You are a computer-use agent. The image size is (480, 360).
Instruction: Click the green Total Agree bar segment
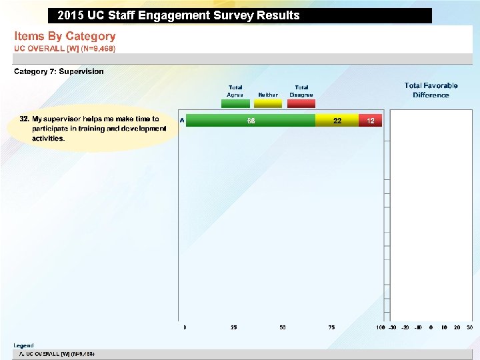(250, 121)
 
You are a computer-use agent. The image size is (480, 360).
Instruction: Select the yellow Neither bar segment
(337, 121)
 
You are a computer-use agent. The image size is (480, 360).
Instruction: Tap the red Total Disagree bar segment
(370, 121)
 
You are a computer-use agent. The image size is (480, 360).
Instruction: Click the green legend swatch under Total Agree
(235, 103)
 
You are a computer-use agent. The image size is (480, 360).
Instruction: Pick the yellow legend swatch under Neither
(268, 103)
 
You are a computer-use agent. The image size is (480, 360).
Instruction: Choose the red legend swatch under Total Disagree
(301, 103)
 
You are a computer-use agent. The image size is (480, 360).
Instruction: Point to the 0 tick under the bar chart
(185, 327)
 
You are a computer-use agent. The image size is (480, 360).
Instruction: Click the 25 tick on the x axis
(234, 327)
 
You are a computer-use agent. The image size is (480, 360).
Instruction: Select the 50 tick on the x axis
(283, 327)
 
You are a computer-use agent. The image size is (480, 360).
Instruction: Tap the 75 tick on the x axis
(331, 327)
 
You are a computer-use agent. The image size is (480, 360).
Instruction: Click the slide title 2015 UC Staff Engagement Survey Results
(179, 15)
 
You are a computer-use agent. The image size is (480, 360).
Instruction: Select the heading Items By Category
(65, 36)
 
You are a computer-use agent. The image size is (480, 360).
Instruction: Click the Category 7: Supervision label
(59, 71)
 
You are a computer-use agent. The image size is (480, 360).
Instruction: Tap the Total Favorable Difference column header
(431, 90)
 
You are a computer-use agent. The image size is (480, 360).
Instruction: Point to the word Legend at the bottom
(23, 345)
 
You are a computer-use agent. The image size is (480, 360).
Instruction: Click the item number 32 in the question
(24, 119)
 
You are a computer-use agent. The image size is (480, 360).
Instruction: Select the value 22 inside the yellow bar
(337, 121)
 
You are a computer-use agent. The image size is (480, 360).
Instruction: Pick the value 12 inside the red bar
(371, 121)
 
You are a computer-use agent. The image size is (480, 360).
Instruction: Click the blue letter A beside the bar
(182, 120)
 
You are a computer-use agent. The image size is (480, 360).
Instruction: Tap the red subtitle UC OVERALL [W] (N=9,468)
(65, 49)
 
